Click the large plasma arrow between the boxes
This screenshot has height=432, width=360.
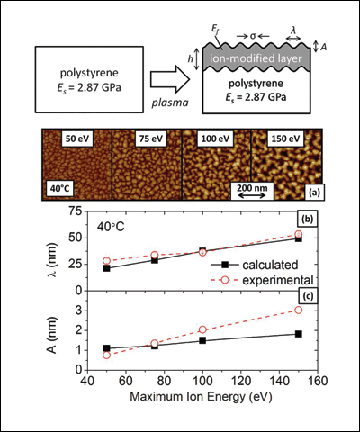[170, 80]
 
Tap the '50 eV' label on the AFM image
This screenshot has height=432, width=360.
[77, 139]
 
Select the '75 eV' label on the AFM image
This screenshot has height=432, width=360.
[151, 139]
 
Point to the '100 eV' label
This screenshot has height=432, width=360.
[215, 139]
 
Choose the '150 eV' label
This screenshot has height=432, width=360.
[285, 139]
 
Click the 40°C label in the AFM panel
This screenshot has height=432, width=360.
[59, 189]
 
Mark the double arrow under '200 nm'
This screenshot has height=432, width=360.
[252, 195]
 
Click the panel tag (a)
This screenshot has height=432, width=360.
[314, 193]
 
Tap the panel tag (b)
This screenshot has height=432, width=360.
[307, 220]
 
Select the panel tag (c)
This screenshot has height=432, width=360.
[306, 296]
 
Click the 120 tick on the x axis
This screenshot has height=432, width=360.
[241, 381]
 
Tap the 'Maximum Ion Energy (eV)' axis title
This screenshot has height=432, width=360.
[201, 397]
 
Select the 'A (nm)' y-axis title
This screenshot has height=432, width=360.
[52, 335]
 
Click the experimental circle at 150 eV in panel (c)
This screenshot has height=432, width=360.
[299, 310]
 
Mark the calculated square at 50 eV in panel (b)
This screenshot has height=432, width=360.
[106, 268]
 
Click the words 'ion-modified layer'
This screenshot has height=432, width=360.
[256, 58]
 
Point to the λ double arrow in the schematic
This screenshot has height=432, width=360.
[293, 38]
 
